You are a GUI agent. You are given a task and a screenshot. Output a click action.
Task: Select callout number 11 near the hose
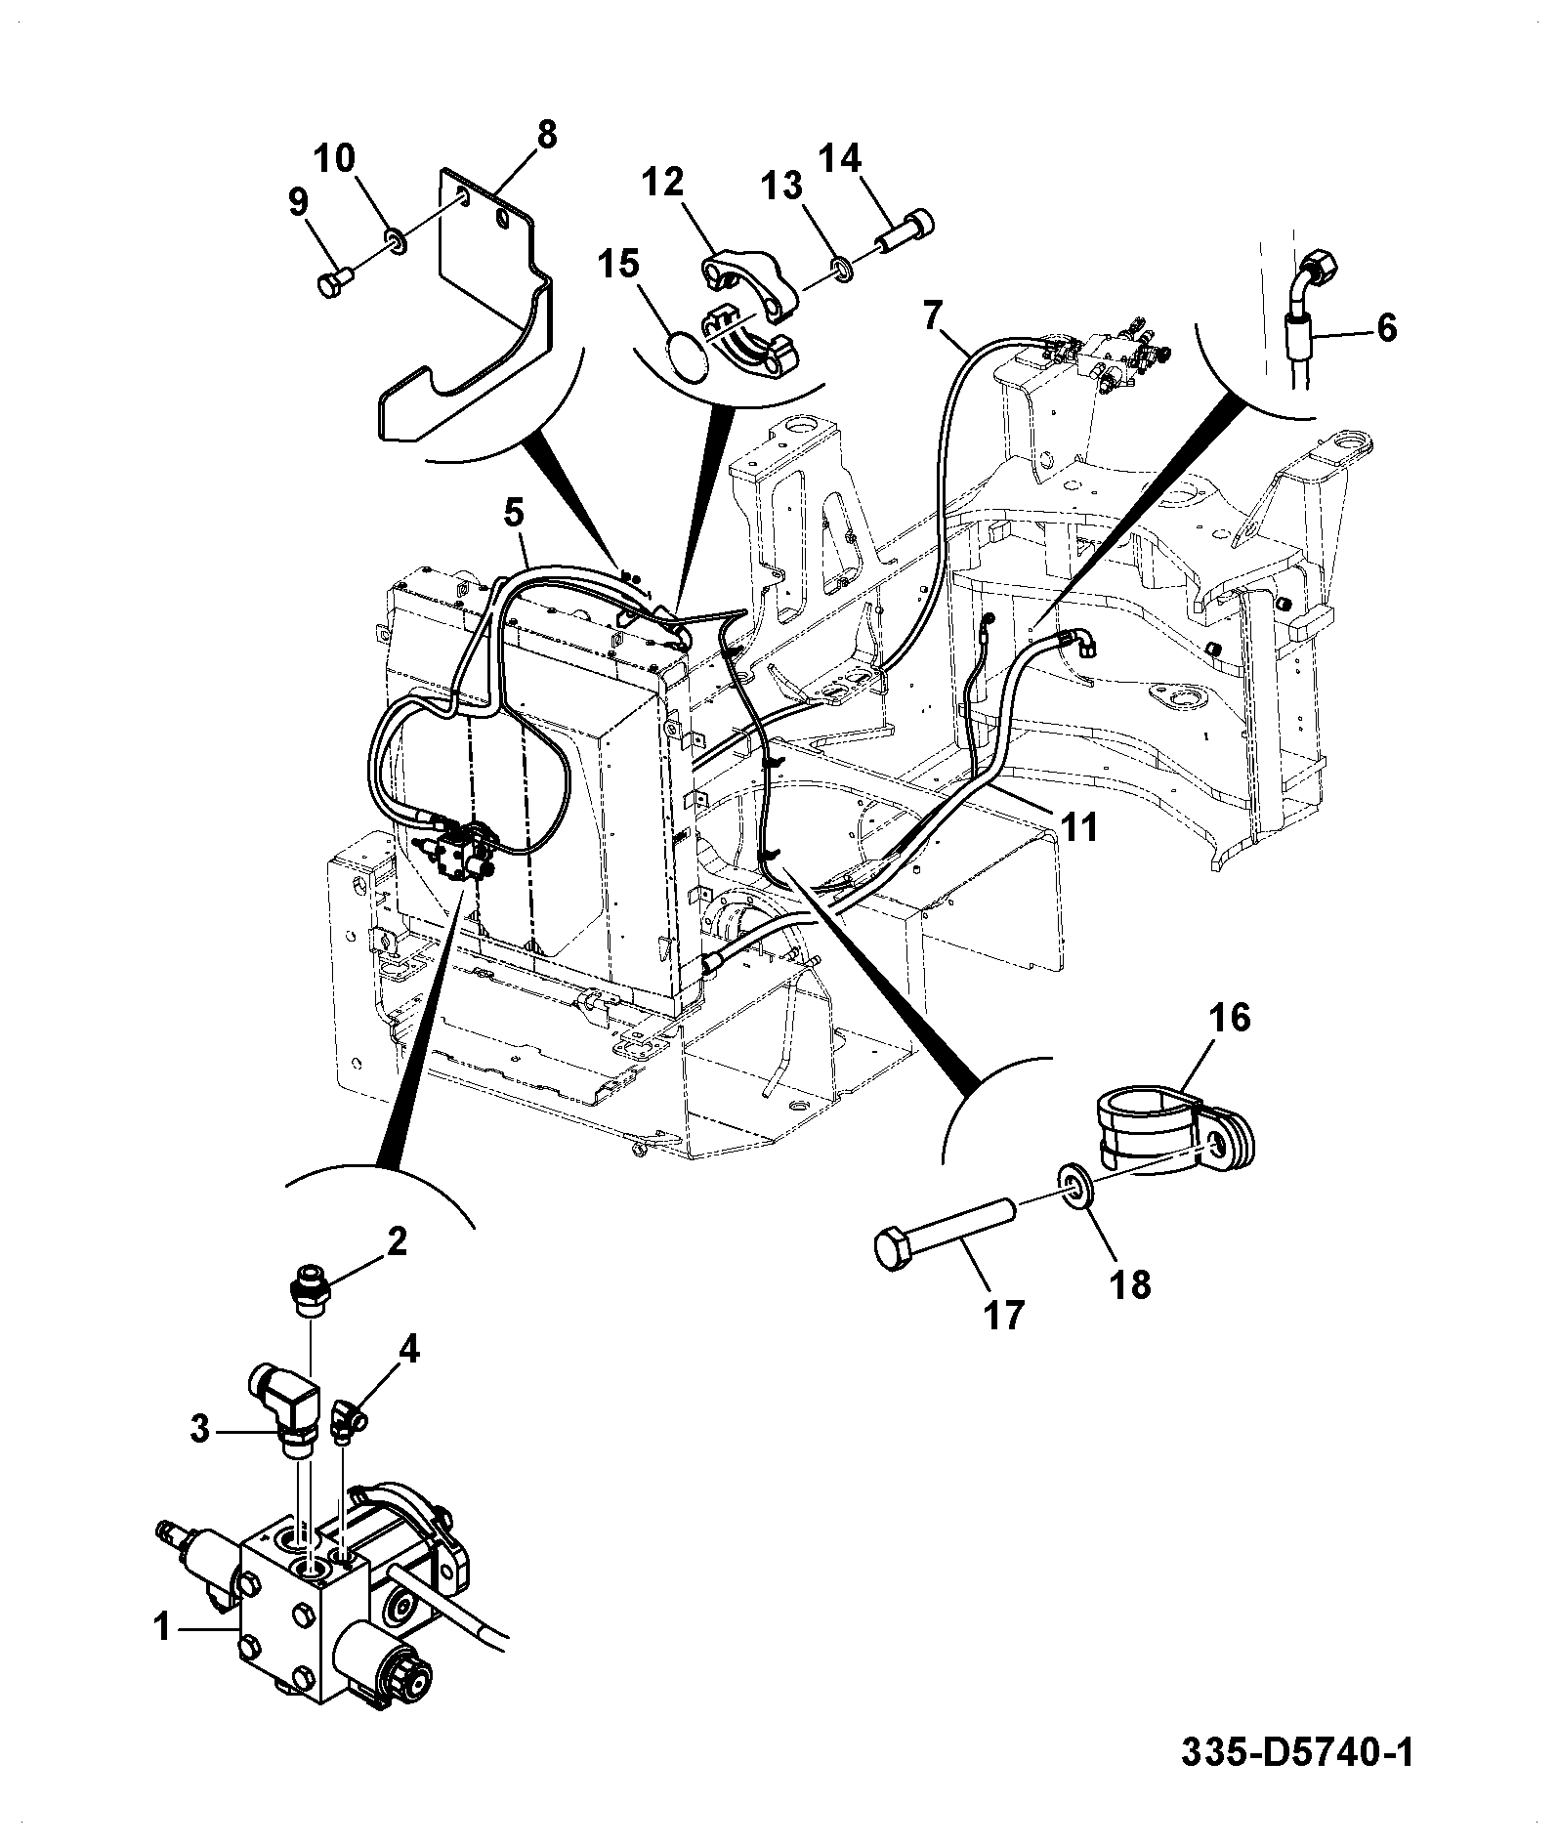coord(1077,826)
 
